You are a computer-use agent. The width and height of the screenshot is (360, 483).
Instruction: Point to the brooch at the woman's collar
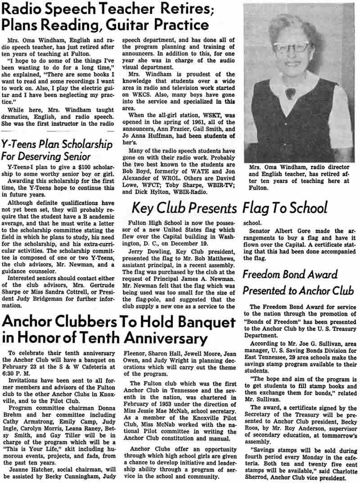291,93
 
